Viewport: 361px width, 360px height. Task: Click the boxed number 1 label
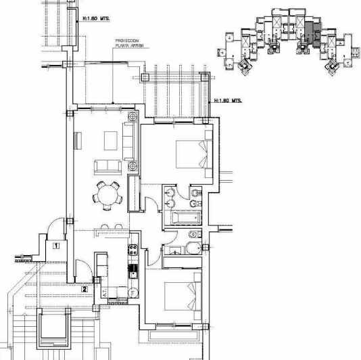pos(57,247)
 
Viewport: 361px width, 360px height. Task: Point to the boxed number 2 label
pos(84,289)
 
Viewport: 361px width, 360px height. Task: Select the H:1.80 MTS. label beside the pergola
pos(228,100)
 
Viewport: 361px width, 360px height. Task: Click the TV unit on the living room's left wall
pos(76,139)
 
